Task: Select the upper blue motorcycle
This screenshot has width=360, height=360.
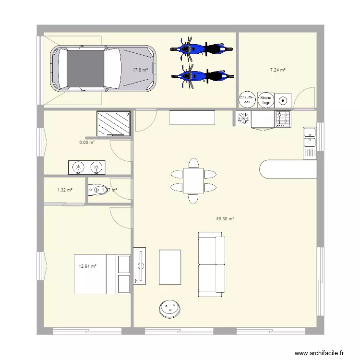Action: click(x=197, y=48)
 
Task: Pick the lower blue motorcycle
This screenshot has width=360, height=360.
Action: click(x=197, y=75)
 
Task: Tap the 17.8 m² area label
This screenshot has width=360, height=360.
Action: click(x=140, y=70)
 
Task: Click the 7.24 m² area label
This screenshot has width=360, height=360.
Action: click(x=277, y=70)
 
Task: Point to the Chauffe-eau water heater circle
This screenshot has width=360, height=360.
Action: click(x=247, y=99)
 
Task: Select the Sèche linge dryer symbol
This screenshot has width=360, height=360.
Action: click(x=265, y=99)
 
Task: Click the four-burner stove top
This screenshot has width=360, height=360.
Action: click(x=283, y=119)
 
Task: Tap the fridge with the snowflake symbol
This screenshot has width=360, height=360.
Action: click(x=243, y=119)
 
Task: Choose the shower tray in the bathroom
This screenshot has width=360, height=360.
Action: click(x=114, y=124)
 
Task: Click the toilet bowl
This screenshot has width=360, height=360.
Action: click(x=96, y=190)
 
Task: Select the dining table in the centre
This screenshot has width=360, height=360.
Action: click(x=193, y=180)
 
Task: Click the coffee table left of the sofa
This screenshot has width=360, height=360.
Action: click(x=170, y=267)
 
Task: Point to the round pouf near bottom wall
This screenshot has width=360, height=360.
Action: click(x=169, y=308)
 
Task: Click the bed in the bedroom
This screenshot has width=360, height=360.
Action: click(x=102, y=274)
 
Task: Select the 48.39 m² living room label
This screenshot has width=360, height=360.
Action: click(x=225, y=219)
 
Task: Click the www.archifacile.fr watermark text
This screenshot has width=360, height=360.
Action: click(x=319, y=353)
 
